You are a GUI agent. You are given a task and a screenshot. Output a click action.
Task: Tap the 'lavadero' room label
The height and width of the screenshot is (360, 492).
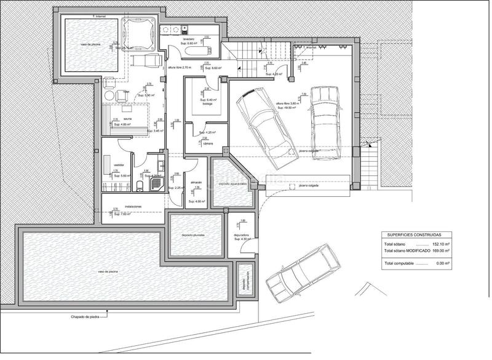click(x=189, y=38)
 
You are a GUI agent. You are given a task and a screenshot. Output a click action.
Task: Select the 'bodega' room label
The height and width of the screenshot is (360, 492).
click(x=208, y=104)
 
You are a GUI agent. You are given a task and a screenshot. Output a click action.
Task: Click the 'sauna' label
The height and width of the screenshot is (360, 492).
click(x=127, y=119)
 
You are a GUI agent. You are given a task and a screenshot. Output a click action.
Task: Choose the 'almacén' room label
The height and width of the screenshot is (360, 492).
click(x=196, y=182)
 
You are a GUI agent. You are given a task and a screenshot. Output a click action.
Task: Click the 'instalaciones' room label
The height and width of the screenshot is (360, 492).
click(x=133, y=206)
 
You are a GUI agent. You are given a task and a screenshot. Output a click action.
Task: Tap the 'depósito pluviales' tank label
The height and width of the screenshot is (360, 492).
click(x=192, y=235)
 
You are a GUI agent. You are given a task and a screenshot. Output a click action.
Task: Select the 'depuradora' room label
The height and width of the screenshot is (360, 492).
click(x=241, y=234)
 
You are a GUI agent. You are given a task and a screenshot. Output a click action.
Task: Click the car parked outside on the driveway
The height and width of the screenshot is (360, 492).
click(x=304, y=271)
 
